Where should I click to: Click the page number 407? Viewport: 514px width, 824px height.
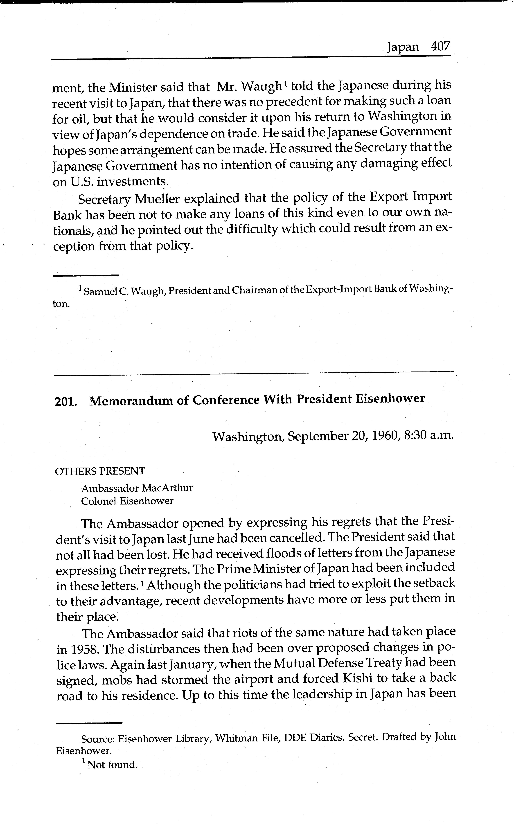click(440, 46)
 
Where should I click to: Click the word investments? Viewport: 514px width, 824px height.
click(133, 182)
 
